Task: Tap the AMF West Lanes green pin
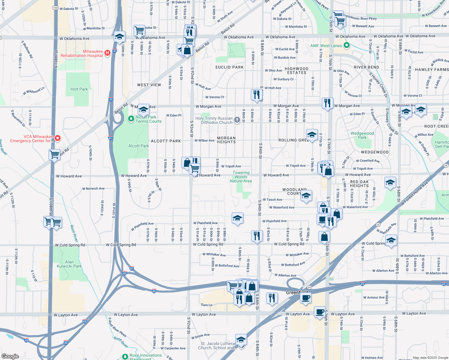[x=347, y=46]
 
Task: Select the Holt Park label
[x=79, y=89]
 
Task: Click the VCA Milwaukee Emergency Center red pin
[x=58, y=138]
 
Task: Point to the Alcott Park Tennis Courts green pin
[x=131, y=119]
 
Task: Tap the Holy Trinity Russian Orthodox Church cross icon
[x=237, y=120]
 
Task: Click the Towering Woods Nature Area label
[x=241, y=177]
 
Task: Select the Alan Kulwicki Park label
[x=69, y=264]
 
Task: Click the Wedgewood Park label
[x=362, y=135]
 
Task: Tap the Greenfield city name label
[x=297, y=292]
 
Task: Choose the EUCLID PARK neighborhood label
[x=229, y=67]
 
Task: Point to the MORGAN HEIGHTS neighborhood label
[x=226, y=140]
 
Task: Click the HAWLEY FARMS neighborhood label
[x=432, y=70]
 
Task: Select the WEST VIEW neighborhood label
[x=149, y=85]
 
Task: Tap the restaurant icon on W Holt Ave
[x=256, y=95]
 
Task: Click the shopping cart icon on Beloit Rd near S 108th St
[x=55, y=155]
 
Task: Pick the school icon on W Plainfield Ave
[x=237, y=218]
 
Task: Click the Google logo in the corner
[x=10, y=356]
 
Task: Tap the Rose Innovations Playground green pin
[x=125, y=356]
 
